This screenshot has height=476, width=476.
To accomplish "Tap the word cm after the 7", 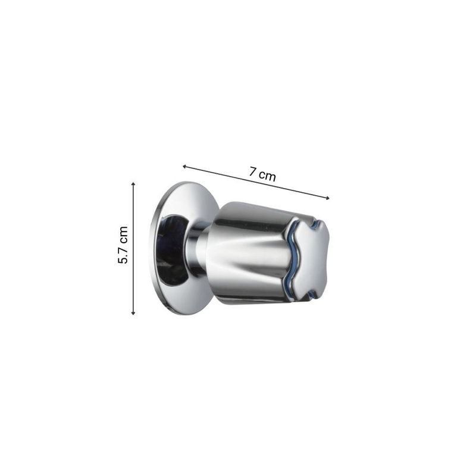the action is click(267, 176).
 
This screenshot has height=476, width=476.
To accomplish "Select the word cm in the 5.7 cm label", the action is click(123, 234).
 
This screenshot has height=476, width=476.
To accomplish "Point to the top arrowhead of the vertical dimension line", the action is click(133, 184).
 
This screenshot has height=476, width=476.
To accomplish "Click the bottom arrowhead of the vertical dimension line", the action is click(133, 313).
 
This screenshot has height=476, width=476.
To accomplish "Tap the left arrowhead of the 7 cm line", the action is click(184, 166).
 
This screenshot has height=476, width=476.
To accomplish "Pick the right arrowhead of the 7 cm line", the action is click(327, 199).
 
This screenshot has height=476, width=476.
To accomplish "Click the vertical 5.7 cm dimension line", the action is click(133, 248).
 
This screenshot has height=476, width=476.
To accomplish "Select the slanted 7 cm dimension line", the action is click(256, 182).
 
